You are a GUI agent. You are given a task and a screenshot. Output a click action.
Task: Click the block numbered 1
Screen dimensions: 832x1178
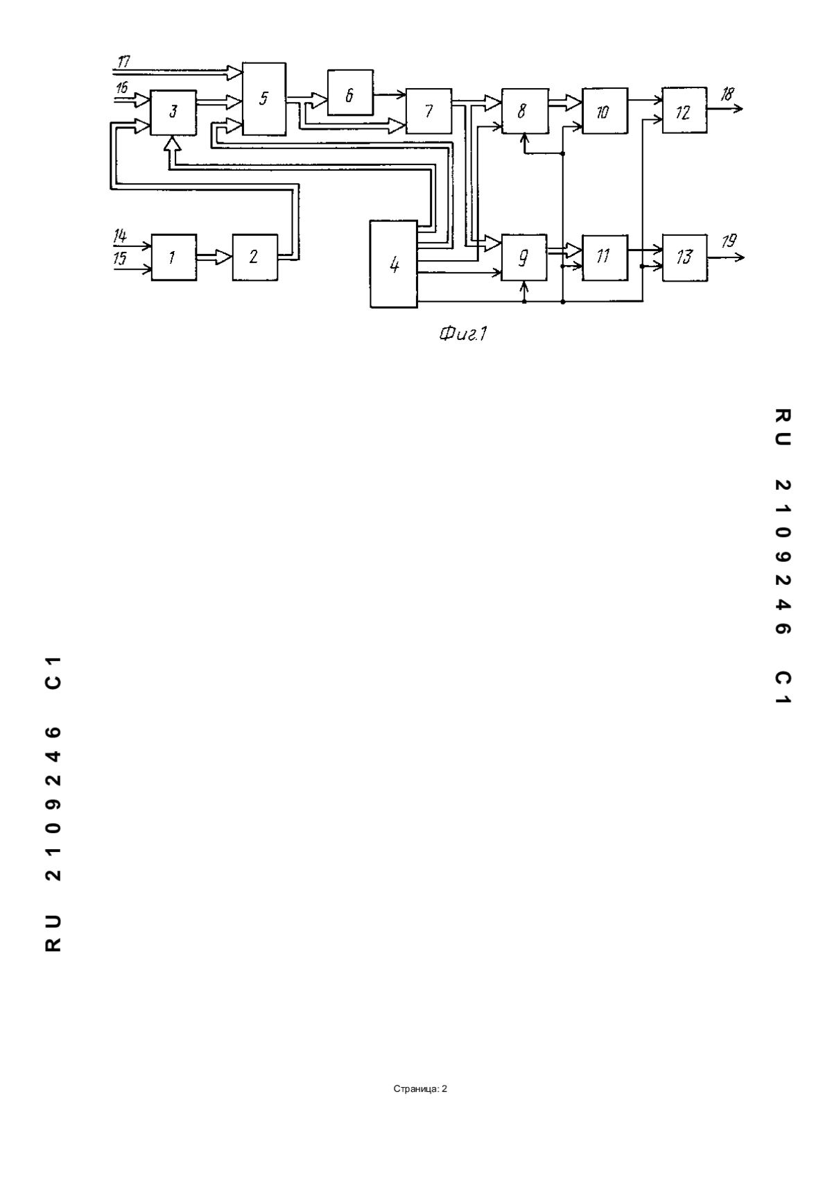coord(174,257)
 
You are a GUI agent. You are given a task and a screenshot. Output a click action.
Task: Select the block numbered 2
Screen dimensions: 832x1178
coord(255,257)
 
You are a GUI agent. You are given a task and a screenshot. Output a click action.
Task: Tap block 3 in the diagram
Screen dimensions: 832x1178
coord(173,112)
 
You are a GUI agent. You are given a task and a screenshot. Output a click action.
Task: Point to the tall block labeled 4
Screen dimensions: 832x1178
coord(394,264)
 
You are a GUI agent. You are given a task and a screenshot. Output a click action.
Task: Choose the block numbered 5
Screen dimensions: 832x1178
coord(264,99)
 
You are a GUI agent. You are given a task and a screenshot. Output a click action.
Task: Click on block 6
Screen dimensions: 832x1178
coord(350,92)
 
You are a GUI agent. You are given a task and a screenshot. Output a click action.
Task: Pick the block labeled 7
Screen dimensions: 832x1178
coord(429,111)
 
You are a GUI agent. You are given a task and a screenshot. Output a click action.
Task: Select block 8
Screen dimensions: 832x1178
coord(525,111)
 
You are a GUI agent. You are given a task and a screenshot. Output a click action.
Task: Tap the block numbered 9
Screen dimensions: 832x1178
coord(524,257)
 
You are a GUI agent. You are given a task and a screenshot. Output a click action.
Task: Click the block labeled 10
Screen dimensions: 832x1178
coord(605,111)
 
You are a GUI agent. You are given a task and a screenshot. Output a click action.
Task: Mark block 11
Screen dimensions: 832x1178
coord(605,257)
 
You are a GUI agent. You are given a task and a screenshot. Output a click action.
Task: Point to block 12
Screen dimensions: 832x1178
coord(684,110)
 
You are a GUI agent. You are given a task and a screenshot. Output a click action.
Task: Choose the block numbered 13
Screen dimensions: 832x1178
coord(685,257)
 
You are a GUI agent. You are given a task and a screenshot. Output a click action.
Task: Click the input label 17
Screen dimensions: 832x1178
coord(124,62)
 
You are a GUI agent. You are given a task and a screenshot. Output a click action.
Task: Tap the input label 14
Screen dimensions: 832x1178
coord(121,237)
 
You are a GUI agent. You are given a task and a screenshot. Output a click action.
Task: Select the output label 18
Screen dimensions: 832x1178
coord(727,94)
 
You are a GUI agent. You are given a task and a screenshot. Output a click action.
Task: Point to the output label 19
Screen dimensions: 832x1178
coord(729,241)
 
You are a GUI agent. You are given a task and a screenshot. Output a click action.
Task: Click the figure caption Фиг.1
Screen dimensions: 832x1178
coord(463,334)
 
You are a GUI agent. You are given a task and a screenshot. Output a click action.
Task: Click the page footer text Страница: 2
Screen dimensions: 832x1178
coord(420,1089)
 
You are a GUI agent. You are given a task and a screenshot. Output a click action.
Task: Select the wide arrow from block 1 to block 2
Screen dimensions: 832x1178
coord(214,257)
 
